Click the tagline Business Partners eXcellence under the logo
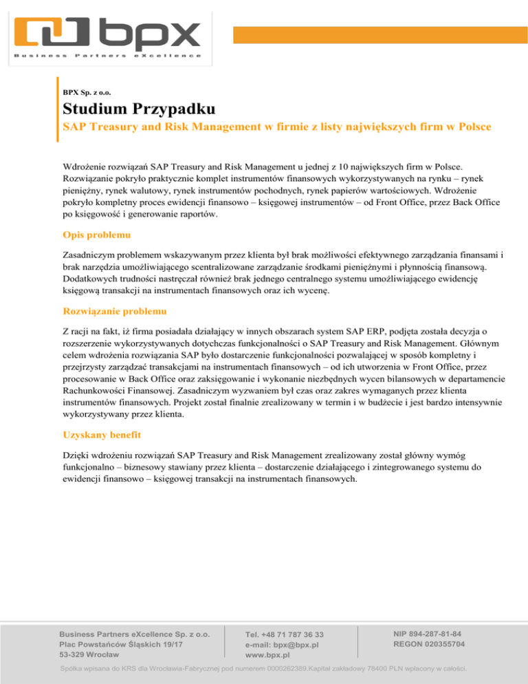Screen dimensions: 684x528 click(107, 55)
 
